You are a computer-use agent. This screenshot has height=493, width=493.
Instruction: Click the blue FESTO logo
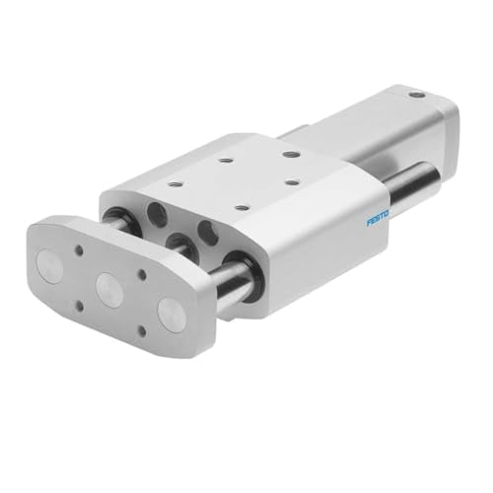[378, 217]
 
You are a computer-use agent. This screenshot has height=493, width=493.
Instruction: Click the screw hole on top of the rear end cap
[417, 96]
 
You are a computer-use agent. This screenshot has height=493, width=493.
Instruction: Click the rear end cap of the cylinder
[424, 123]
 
